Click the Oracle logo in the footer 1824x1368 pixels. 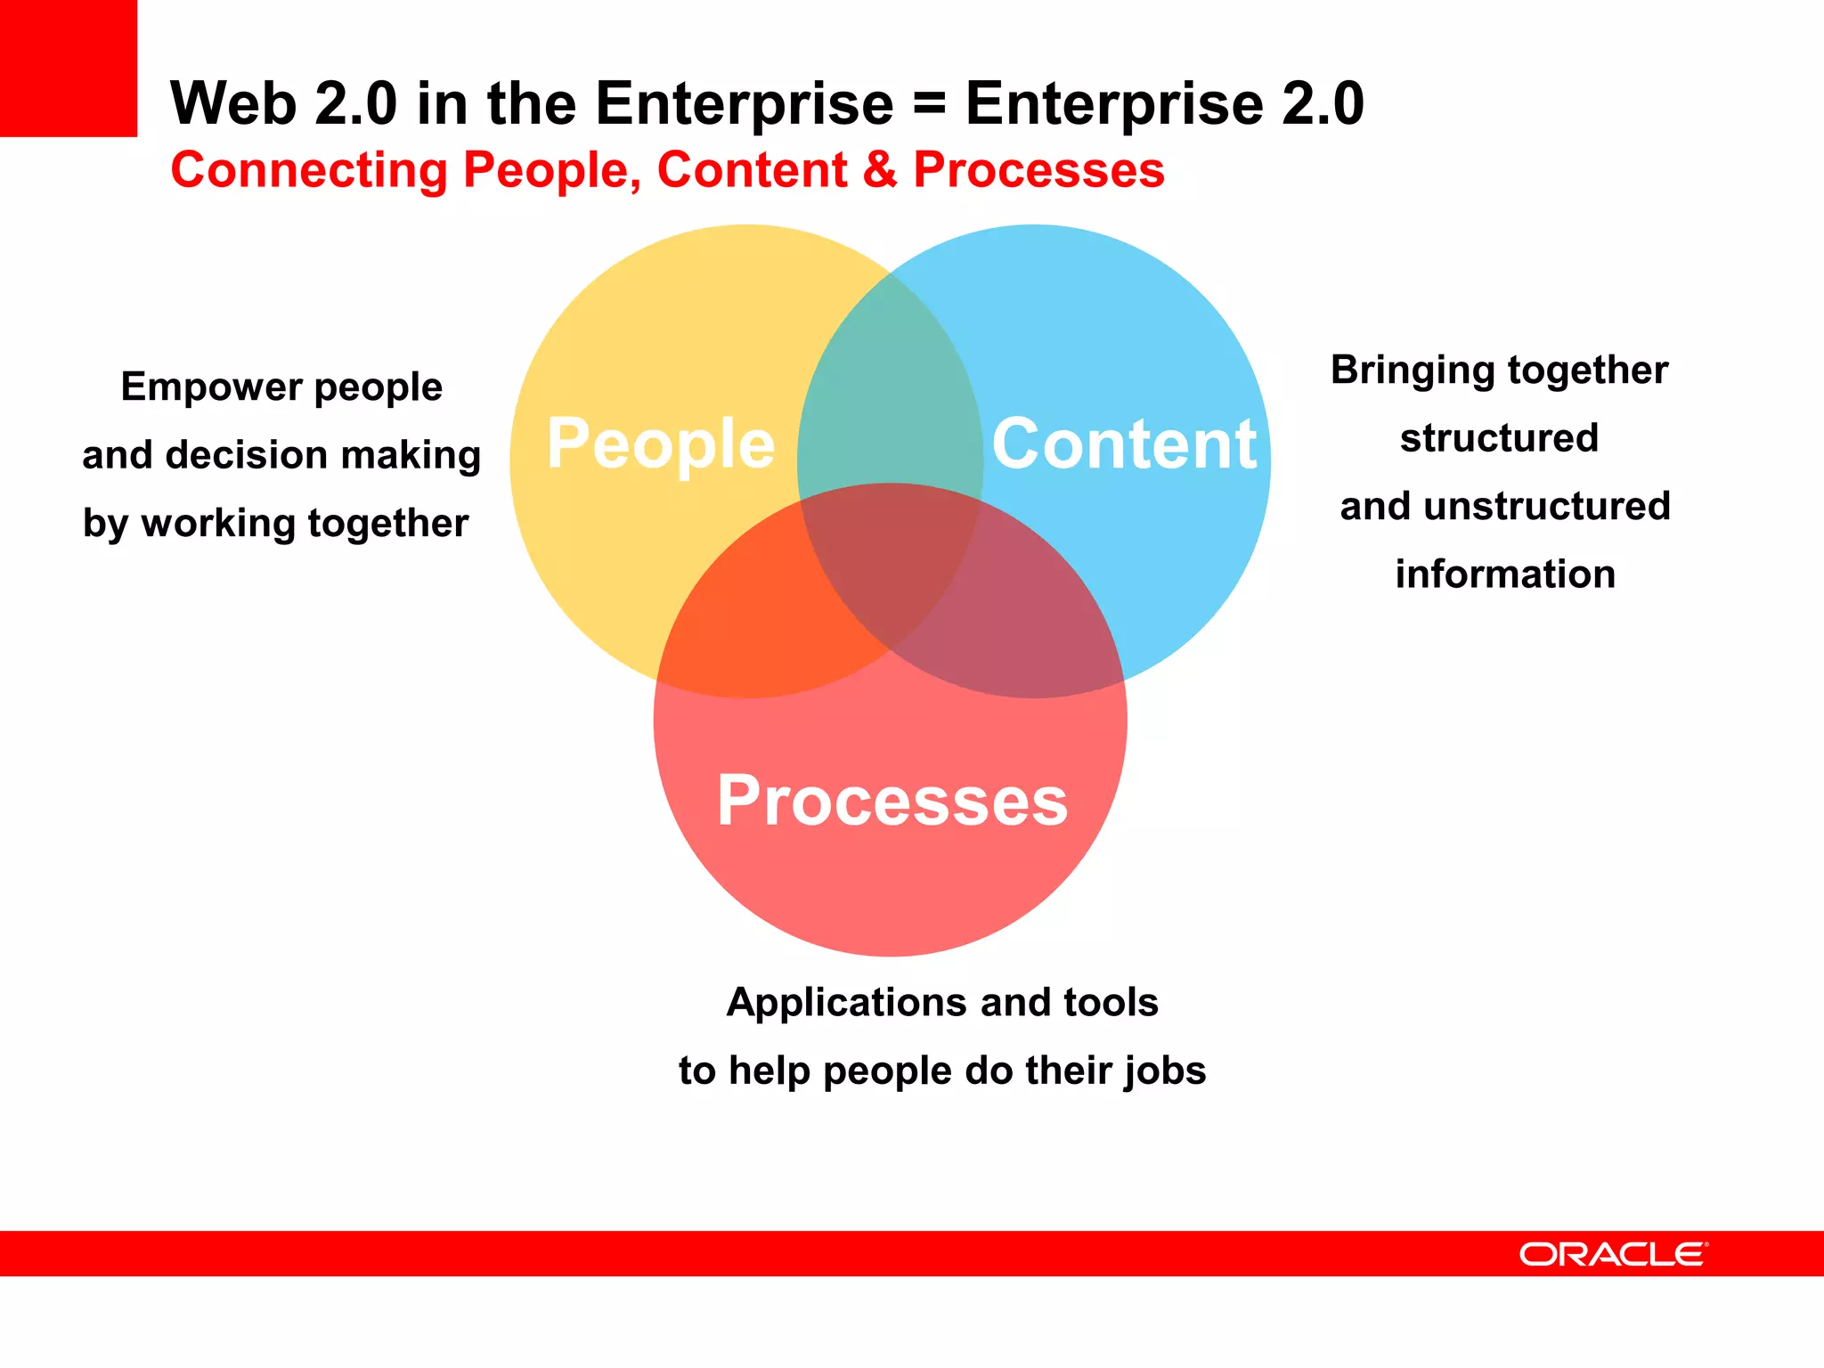click(x=1613, y=1254)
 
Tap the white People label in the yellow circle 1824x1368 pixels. click(x=660, y=444)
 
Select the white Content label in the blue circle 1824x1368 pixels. click(x=1124, y=444)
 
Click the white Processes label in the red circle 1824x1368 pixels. click(x=892, y=801)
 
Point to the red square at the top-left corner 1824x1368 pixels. click(x=68, y=68)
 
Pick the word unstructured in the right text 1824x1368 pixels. click(x=1547, y=506)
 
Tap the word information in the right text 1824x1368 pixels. click(x=1505, y=574)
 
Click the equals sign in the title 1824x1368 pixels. click(x=929, y=104)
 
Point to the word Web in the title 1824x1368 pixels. click(x=232, y=104)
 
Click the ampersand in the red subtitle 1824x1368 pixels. click(x=880, y=170)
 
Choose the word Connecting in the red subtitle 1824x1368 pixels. click(x=309, y=170)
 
